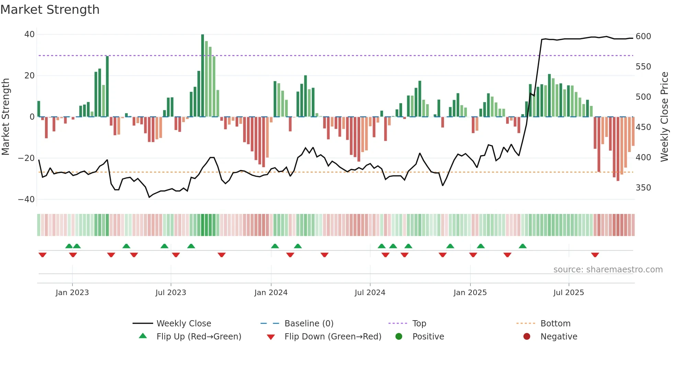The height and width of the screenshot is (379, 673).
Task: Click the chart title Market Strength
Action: [50, 10]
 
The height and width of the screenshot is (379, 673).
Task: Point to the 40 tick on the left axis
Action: [29, 34]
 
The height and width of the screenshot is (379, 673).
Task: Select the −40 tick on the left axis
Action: [26, 199]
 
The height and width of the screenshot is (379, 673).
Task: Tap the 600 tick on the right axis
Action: [643, 36]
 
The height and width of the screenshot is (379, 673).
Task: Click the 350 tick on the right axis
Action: [643, 188]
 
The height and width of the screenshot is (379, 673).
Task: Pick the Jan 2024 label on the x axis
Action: [271, 293]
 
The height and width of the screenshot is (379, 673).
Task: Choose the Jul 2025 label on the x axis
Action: [568, 293]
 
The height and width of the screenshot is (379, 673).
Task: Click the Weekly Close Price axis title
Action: [664, 117]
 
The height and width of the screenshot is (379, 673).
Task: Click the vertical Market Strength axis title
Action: [5, 117]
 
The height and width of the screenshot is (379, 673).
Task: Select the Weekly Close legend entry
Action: [183, 324]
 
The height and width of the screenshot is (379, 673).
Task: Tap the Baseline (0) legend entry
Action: [309, 324]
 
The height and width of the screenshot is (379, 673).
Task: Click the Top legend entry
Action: [419, 324]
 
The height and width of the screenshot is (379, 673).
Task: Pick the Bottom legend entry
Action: [555, 324]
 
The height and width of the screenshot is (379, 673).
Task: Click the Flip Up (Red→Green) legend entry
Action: [198, 337]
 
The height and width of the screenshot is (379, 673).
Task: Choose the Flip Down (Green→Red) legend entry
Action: [332, 337]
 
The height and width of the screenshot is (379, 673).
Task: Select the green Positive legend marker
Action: [399, 337]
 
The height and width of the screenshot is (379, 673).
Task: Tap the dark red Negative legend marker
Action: [527, 337]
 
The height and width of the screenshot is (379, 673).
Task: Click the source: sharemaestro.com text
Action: [608, 270]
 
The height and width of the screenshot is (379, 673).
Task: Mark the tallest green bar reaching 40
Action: [203, 76]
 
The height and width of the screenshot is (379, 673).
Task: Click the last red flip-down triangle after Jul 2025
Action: [595, 255]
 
